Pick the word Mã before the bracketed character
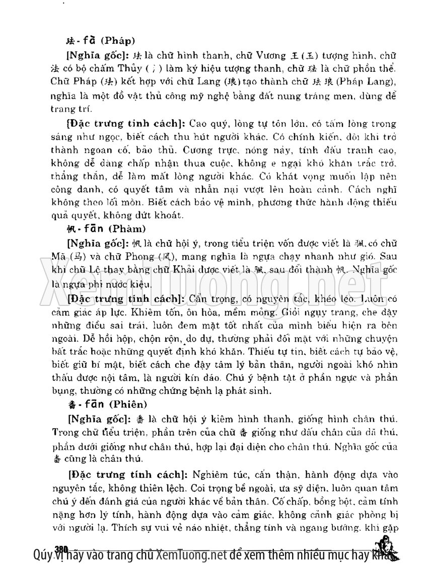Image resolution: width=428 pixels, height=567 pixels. coord(59,256)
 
